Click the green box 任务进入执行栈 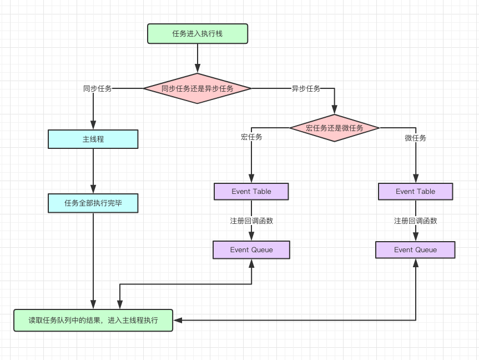point(197,34)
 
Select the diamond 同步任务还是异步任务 point(197,88)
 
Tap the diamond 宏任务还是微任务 point(334,128)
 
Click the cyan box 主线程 point(93,139)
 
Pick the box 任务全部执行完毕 point(93,203)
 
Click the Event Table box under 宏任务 point(251,192)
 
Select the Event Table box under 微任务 point(415,192)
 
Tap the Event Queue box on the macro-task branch point(251,250)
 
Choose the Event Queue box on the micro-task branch point(415,250)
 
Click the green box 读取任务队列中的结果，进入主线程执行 point(93,321)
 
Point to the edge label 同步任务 point(97,88)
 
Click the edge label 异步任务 point(306,88)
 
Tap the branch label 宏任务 point(251,137)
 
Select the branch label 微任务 point(415,138)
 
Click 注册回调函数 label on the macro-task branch point(251,221)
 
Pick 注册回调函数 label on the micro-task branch point(415,221)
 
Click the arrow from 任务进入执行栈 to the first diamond point(197,58)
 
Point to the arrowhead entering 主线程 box point(93,126)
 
